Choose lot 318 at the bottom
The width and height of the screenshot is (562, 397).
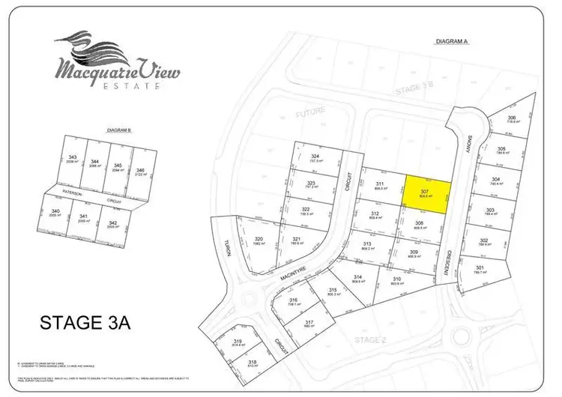253,366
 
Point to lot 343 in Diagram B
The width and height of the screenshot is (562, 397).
73,160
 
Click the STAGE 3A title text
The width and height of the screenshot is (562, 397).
85,324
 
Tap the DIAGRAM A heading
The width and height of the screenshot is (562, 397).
451,42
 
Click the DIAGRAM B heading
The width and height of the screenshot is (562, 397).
119,130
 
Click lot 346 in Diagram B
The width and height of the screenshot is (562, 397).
141,169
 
